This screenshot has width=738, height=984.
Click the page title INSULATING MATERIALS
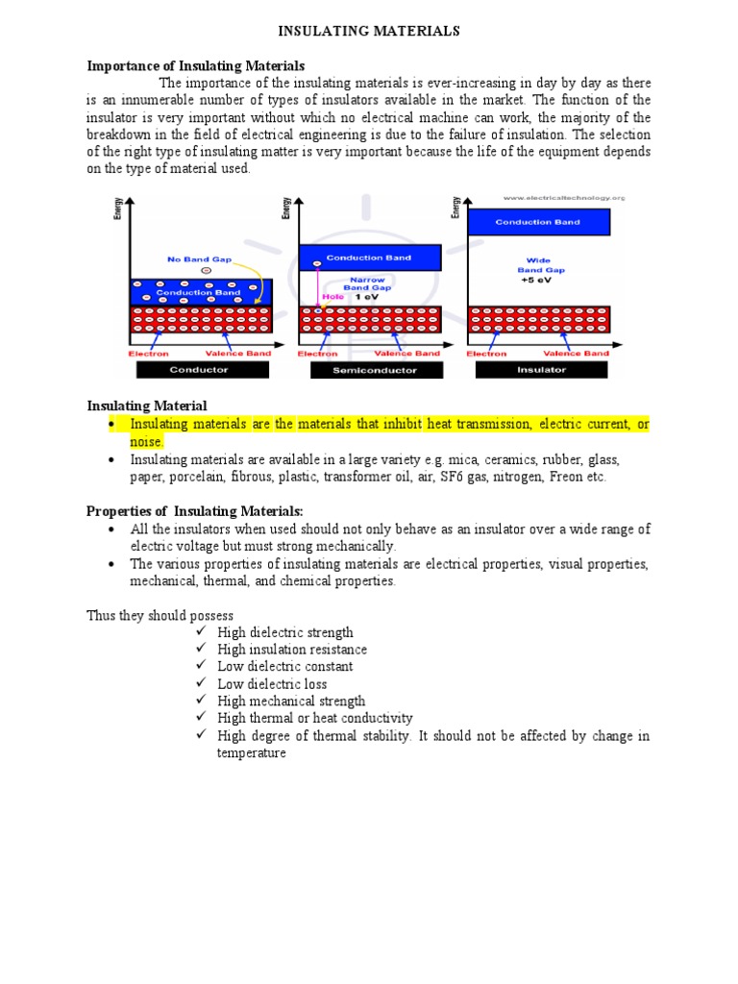coord(369,32)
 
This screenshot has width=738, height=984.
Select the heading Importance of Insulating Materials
coord(196,65)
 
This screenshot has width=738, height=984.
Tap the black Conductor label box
coord(199,370)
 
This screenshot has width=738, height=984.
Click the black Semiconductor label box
coord(376,370)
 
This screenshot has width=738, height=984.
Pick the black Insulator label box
coord(542,370)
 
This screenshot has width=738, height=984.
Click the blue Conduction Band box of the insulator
coord(537,222)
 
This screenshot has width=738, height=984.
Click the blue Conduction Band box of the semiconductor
coord(370,258)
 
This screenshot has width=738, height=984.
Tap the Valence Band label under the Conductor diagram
coord(240,353)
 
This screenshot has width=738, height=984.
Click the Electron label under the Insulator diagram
coord(487,353)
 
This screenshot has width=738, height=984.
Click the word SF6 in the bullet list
coord(453,478)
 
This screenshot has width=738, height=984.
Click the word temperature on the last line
coord(252,754)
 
